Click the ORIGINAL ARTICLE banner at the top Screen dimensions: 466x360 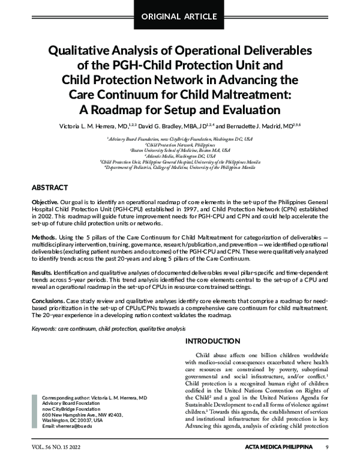(180, 14)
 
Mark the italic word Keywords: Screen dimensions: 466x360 (44, 328)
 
